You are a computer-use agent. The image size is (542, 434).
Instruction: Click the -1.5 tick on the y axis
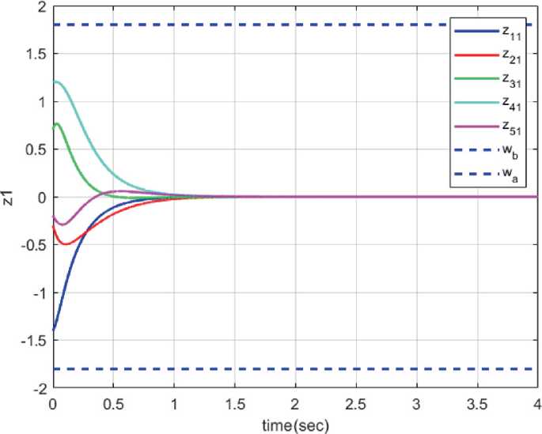click(31, 341)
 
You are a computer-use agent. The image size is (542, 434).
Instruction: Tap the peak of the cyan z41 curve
click(56, 81)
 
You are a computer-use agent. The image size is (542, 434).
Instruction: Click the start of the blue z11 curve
click(52, 330)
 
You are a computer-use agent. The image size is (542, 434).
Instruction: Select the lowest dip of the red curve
click(65, 244)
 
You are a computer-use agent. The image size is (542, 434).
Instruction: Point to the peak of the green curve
click(57, 123)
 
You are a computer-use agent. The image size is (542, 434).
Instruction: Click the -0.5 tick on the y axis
click(31, 245)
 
